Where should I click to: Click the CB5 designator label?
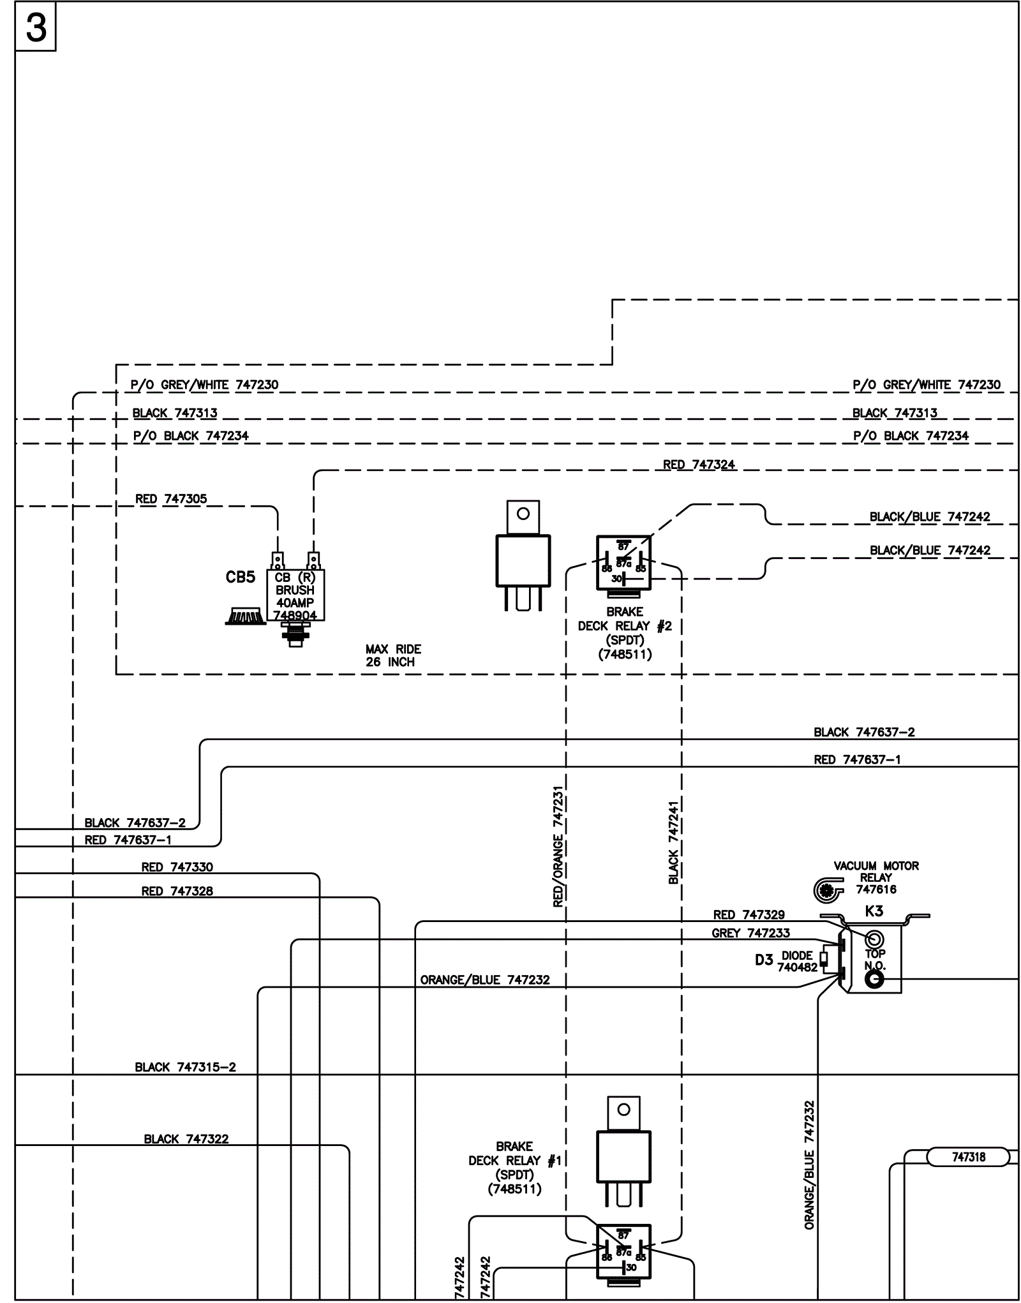click(x=241, y=577)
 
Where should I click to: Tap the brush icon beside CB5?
click(x=246, y=616)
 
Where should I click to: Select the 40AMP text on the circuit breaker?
click(x=295, y=603)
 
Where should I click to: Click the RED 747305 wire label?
click(x=171, y=499)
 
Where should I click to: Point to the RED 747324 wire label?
click(x=699, y=465)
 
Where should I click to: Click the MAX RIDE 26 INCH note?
click(x=393, y=655)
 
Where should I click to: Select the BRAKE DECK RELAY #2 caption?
click(x=625, y=632)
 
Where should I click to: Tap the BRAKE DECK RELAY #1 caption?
click(x=514, y=1168)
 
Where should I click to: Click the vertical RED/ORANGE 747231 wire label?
click(x=558, y=847)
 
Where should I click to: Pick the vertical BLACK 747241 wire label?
click(x=674, y=842)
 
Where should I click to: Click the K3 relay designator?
click(x=874, y=911)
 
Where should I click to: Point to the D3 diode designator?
click(x=764, y=960)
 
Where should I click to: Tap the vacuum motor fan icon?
click(x=828, y=890)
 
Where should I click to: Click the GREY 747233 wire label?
click(x=750, y=933)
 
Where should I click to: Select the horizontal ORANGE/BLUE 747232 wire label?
click(x=485, y=979)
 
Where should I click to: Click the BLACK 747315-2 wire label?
click(x=185, y=1067)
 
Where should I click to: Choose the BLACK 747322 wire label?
click(x=186, y=1139)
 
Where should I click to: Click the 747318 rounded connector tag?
click(x=968, y=1157)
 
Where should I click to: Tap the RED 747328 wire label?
click(x=177, y=891)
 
